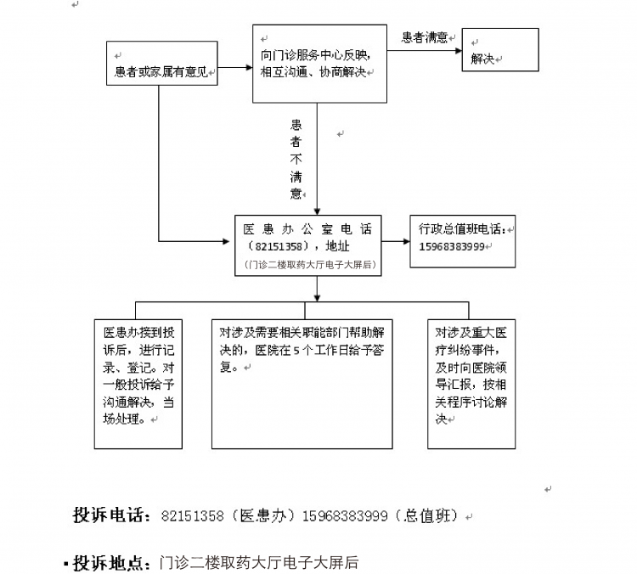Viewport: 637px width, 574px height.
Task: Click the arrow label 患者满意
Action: [425, 37]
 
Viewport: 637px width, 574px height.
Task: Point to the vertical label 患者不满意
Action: [296, 160]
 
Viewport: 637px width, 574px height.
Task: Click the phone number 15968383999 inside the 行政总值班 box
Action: [452, 246]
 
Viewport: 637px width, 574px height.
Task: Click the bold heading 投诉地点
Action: [111, 563]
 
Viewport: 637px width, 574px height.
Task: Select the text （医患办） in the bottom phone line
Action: [262, 515]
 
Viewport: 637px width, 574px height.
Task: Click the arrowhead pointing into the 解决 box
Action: [459, 51]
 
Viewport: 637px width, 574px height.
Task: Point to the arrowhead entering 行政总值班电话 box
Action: [407, 241]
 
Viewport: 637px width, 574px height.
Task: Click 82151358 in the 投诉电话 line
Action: [193, 516]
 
